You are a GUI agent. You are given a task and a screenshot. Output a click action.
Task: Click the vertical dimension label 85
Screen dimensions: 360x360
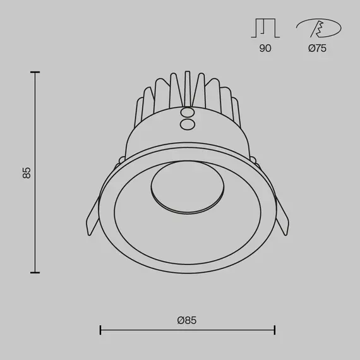tap(27, 172)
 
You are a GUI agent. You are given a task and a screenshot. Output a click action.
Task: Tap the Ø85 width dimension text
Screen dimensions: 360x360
tap(187, 321)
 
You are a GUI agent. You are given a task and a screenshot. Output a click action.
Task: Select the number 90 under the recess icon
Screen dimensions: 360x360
tap(265, 49)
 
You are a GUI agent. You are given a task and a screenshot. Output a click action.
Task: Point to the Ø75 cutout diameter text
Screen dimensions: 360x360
tap(317, 49)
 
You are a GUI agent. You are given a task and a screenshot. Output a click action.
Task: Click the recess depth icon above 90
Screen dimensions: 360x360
tap(265, 28)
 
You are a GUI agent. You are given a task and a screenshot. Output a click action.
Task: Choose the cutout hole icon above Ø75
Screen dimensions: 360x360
tap(318, 29)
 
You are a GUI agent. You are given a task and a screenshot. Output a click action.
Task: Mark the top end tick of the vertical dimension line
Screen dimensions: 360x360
tap(35, 73)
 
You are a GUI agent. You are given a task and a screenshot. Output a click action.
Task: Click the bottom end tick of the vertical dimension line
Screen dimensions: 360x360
tap(35, 272)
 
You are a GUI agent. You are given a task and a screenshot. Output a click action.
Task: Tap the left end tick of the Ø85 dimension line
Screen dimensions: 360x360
tap(101, 329)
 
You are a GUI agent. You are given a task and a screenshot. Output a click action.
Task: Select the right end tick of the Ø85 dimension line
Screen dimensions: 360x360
tap(274, 329)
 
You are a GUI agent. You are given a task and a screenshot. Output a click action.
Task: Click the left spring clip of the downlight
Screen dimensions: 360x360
tap(92, 218)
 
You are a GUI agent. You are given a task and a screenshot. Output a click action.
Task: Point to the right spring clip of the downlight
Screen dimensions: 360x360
tap(282, 218)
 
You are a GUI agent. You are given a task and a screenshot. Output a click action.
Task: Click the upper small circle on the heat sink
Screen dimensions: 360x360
tap(187, 112)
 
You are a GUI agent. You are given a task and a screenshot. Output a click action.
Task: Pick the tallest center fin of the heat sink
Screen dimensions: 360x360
tap(187, 88)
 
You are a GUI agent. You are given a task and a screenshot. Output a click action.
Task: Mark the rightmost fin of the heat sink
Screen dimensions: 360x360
tap(236, 111)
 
